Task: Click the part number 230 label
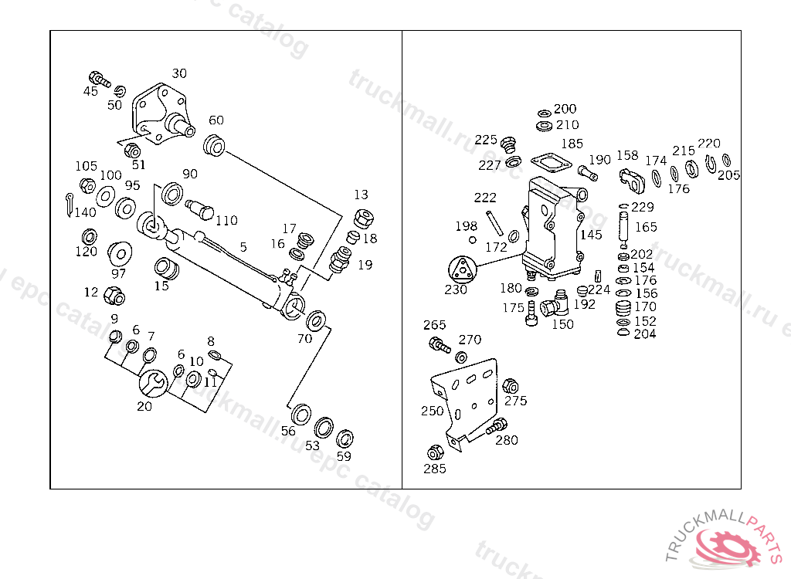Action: point(456,290)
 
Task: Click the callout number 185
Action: point(572,144)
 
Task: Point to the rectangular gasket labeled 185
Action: point(550,162)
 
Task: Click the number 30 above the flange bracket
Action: point(179,73)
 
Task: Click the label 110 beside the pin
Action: point(226,221)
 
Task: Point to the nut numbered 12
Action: point(114,295)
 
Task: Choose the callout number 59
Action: point(344,456)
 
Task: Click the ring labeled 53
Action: point(324,427)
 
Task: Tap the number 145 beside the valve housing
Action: point(591,235)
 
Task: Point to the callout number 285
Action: point(435,469)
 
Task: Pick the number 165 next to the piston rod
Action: point(646,227)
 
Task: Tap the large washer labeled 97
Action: point(119,253)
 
